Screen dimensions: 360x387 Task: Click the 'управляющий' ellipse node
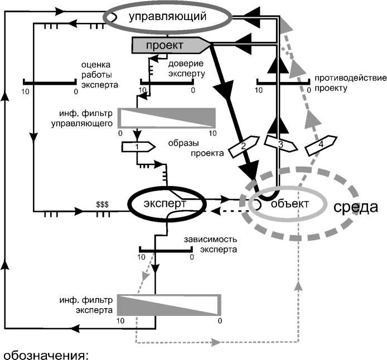pyautogui.click(x=168, y=17)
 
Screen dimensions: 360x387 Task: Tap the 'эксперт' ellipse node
pyautogui.click(x=166, y=203)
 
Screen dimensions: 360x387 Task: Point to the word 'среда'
pyautogui.click(x=356, y=207)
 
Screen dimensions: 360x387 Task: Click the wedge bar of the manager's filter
pyautogui.click(x=167, y=118)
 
